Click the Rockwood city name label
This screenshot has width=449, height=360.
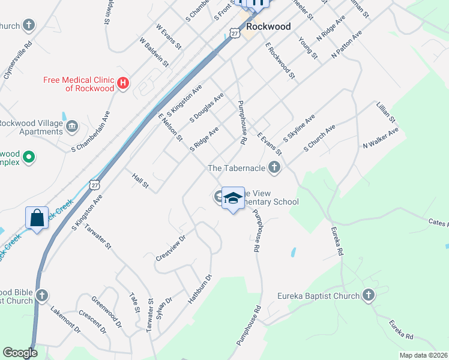pos(268,26)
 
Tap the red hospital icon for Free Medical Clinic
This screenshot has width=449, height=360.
pos(123,83)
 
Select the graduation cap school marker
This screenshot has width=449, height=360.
pos(233,199)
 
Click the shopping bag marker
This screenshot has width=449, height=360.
pos(37,218)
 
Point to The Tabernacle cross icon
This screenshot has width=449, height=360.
pos(274,168)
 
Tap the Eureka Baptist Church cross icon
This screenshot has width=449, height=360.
pos(368,295)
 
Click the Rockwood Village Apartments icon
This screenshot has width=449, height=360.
pos(72,127)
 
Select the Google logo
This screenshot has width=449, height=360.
pos(20,353)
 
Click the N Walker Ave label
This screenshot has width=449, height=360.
pos(381,138)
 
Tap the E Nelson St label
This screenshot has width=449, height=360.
pos(170,127)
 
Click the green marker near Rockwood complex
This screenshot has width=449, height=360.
pos(28,158)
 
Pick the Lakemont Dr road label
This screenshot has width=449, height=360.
pos(65,320)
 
